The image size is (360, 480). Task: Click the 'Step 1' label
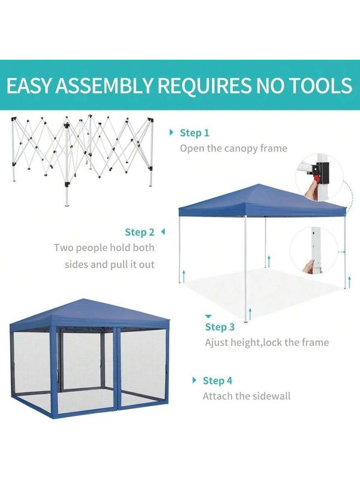point(195,133)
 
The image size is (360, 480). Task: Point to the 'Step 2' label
point(140,232)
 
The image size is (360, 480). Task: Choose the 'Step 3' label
point(220,327)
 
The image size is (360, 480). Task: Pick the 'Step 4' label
point(217,380)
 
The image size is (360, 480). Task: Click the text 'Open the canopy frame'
point(233,148)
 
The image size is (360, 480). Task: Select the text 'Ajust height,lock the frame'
point(267,343)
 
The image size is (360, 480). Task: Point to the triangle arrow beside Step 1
point(172,133)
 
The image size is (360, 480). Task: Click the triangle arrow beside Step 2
point(163,231)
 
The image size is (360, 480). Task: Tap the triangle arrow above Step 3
point(208,316)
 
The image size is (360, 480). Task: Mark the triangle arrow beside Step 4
point(194,380)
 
